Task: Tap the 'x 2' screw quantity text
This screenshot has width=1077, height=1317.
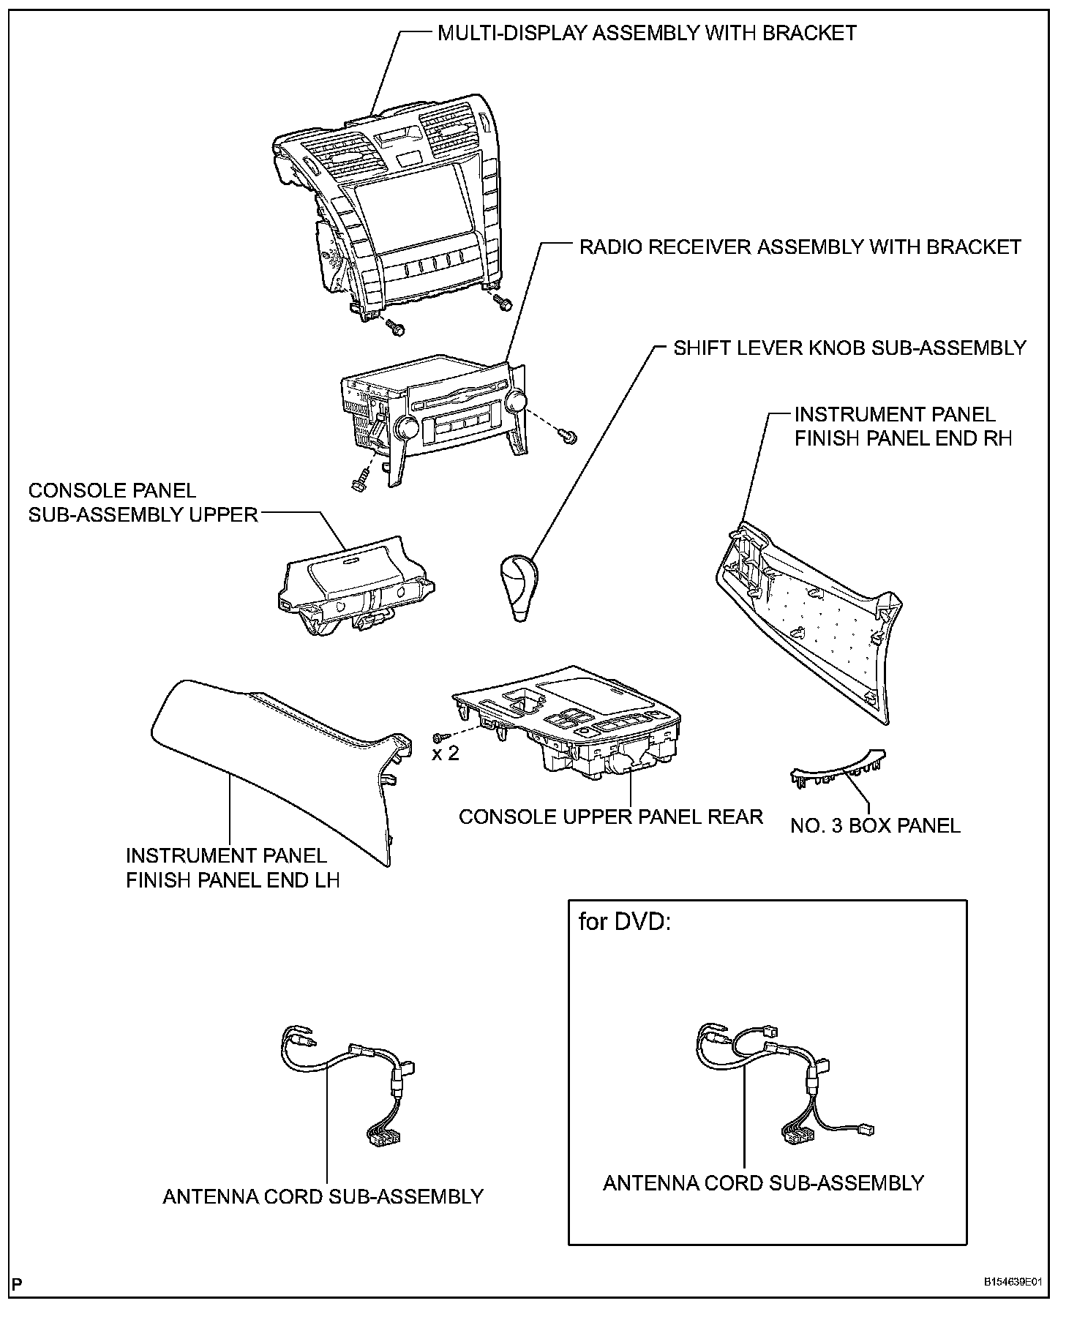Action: point(445,753)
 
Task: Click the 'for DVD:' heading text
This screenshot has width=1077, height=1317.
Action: point(624,922)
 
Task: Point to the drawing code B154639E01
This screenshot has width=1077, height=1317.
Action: point(1012,1283)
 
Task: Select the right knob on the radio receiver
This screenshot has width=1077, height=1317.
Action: point(517,400)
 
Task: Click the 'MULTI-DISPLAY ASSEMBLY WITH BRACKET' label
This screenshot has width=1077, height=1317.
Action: point(647,33)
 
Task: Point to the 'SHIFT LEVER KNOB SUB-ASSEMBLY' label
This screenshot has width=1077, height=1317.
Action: point(849,348)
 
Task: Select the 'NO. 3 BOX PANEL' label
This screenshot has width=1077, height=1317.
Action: point(875,825)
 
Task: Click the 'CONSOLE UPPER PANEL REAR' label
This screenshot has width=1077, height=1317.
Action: point(610,816)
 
